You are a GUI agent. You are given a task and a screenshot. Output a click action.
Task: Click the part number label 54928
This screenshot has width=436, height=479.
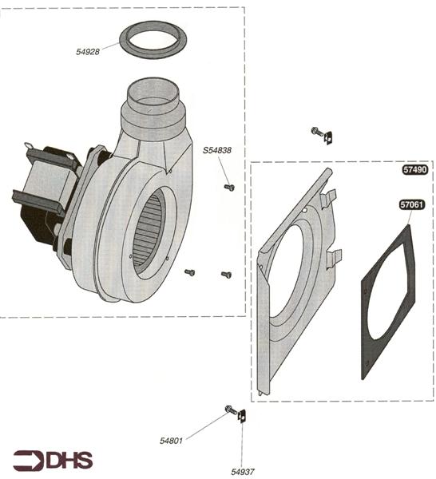pos(88,52)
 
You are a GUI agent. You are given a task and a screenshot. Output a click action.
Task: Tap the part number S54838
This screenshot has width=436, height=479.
pos(217,150)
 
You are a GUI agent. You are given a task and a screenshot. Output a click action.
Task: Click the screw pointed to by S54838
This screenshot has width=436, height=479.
pos(229,188)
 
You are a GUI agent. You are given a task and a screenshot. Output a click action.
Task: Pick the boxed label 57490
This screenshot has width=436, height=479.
pos(414,169)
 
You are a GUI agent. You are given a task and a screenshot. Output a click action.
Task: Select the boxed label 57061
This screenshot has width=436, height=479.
pos(412,204)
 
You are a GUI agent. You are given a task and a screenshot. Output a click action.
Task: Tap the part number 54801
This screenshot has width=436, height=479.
pos(171,441)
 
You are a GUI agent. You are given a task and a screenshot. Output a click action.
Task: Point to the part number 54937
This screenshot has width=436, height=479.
pos(243,472)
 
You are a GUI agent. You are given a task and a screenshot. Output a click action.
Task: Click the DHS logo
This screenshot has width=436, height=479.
pos(53,460)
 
